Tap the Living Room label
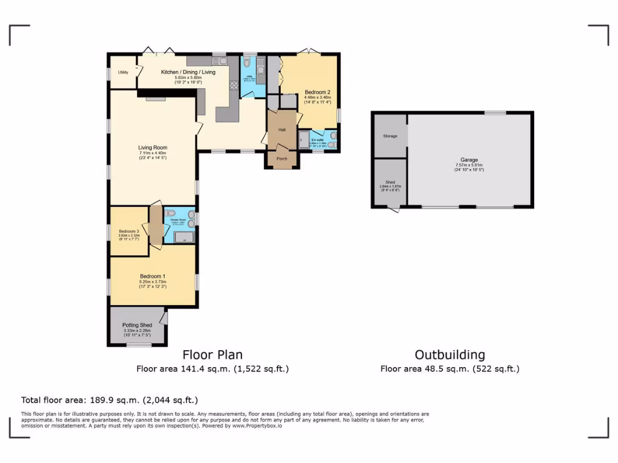click(153, 147)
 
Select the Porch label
click(282, 159)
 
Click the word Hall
click(282, 130)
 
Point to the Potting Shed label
click(137, 325)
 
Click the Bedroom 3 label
click(129, 231)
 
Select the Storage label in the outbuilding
click(390, 136)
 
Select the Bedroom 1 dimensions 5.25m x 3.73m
click(153, 282)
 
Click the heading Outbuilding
click(450, 355)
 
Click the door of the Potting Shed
click(164, 317)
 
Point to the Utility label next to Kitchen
click(123, 72)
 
